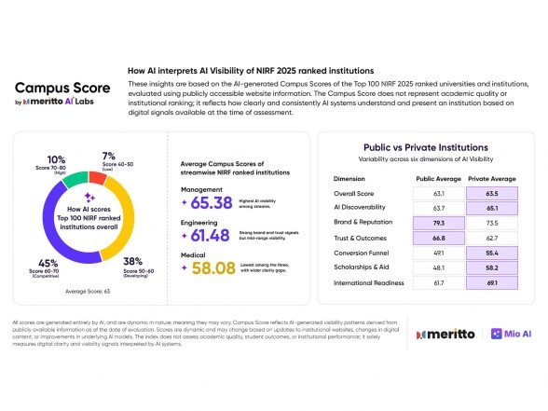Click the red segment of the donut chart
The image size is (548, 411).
coord(97,177)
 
